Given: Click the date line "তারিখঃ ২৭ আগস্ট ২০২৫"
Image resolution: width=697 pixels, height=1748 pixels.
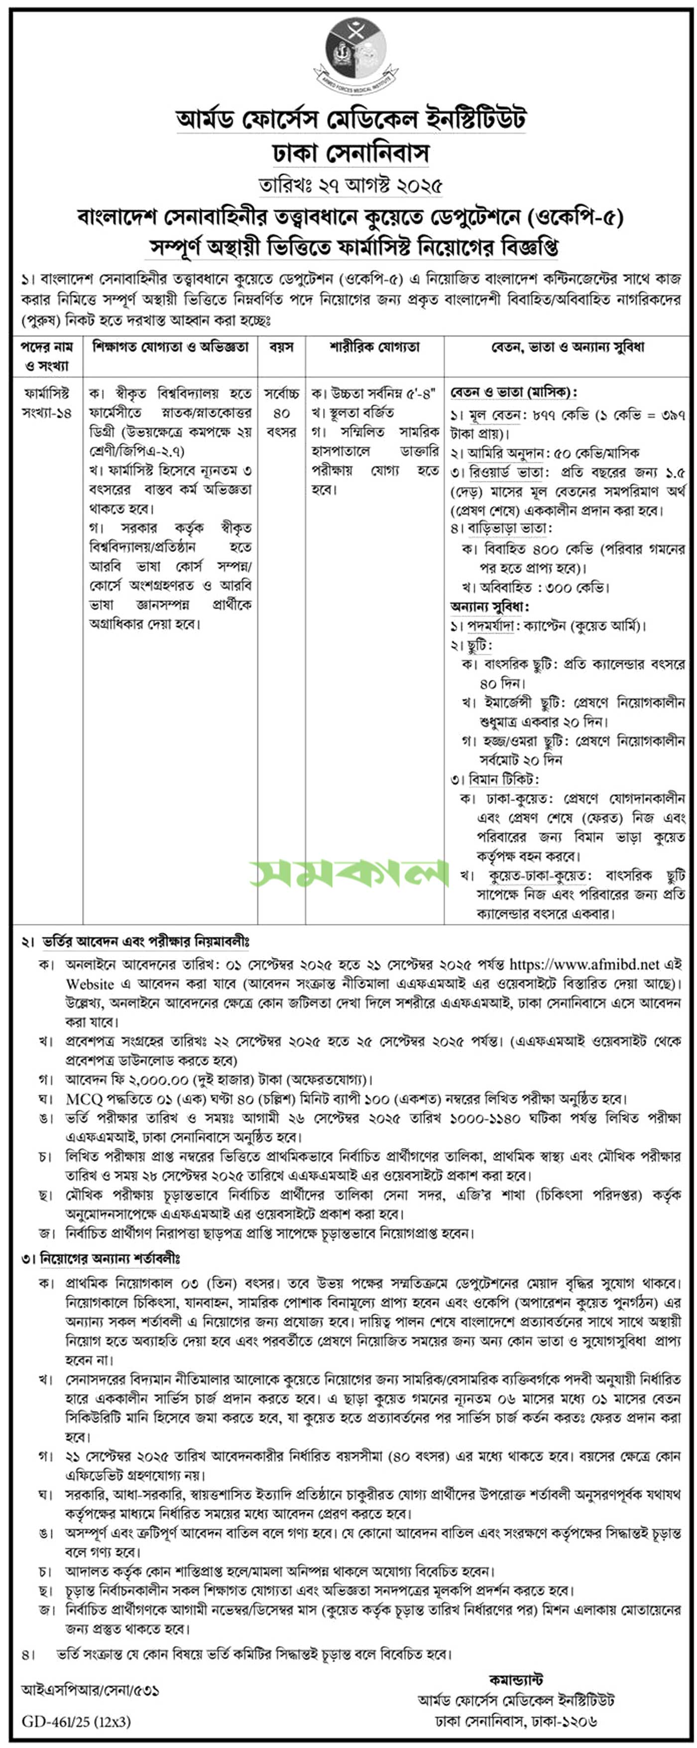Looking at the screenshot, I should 349,185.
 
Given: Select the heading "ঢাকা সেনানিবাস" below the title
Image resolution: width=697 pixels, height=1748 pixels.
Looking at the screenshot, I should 350,153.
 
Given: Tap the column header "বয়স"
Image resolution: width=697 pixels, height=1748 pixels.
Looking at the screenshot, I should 281,348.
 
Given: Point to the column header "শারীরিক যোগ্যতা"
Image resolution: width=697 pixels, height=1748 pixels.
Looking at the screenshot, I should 374,348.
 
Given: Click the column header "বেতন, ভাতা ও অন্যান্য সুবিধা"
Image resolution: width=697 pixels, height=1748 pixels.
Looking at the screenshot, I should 568,348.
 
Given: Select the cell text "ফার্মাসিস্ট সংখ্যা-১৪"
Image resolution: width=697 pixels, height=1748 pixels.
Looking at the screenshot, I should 47,402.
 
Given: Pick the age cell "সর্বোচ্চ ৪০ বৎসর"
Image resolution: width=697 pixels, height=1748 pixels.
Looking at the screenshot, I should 281,412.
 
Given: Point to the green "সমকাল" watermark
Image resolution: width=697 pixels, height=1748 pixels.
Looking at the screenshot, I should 349,874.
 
